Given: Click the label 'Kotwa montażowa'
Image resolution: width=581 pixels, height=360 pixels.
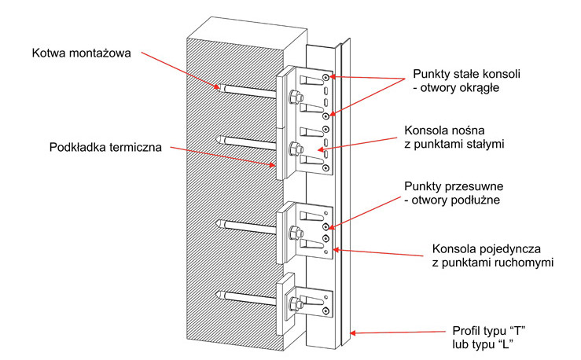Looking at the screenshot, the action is pyautogui.click(x=82, y=53).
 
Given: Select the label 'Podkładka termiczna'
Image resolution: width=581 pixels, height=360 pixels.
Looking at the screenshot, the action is pyautogui.click(x=105, y=148).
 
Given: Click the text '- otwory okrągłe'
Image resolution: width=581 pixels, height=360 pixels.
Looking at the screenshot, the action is pyautogui.click(x=456, y=88).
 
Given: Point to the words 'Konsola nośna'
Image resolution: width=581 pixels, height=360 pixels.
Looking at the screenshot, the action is pyautogui.click(x=445, y=130).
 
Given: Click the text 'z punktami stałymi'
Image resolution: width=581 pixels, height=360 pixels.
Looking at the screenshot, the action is pyautogui.click(x=454, y=144).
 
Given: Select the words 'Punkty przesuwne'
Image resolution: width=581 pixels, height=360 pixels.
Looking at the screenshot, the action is pyautogui.click(x=454, y=186).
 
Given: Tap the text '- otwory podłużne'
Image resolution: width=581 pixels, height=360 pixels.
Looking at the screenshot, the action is pyautogui.click(x=452, y=200).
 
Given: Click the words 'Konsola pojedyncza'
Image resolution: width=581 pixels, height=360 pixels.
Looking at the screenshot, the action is pyautogui.click(x=487, y=249).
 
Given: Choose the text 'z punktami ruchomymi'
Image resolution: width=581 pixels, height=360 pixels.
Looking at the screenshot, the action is pyautogui.click(x=493, y=263).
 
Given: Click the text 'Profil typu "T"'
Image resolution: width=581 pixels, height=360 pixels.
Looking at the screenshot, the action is pyautogui.click(x=489, y=330).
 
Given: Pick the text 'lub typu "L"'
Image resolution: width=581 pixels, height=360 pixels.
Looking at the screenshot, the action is pyautogui.click(x=483, y=344).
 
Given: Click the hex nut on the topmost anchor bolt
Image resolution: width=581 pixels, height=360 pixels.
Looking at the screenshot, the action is pyautogui.click(x=296, y=97).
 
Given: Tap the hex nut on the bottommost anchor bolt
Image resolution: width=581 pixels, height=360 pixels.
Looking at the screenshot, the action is pyautogui.click(x=296, y=303).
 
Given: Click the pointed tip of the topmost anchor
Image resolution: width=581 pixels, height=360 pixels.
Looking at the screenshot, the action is pyautogui.click(x=217, y=86).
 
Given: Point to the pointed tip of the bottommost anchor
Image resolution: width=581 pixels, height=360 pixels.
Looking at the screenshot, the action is pyautogui.click(x=217, y=296).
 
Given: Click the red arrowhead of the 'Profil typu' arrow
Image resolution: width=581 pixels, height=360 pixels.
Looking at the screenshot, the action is pyautogui.click(x=353, y=333).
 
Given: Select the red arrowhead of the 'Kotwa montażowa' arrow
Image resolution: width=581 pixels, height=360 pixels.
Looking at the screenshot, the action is pyautogui.click(x=217, y=87).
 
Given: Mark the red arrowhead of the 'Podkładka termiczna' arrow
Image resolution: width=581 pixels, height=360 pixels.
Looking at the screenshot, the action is pyautogui.click(x=273, y=166).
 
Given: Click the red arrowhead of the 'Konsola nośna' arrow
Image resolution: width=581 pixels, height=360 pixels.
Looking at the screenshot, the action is pyautogui.click(x=320, y=149).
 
